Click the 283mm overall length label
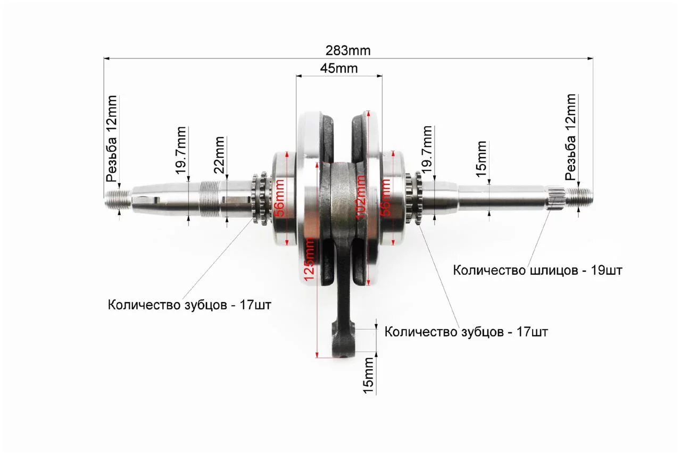coord(348,51)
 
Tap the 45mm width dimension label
coord(339,69)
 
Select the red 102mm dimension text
coord(361,197)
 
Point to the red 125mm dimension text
coord(309,259)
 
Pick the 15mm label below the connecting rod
coord(368,376)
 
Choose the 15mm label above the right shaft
coord(481,159)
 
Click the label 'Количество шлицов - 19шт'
coord(537,270)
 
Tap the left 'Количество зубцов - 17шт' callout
coord(189,305)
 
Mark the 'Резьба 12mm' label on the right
coord(570,137)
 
